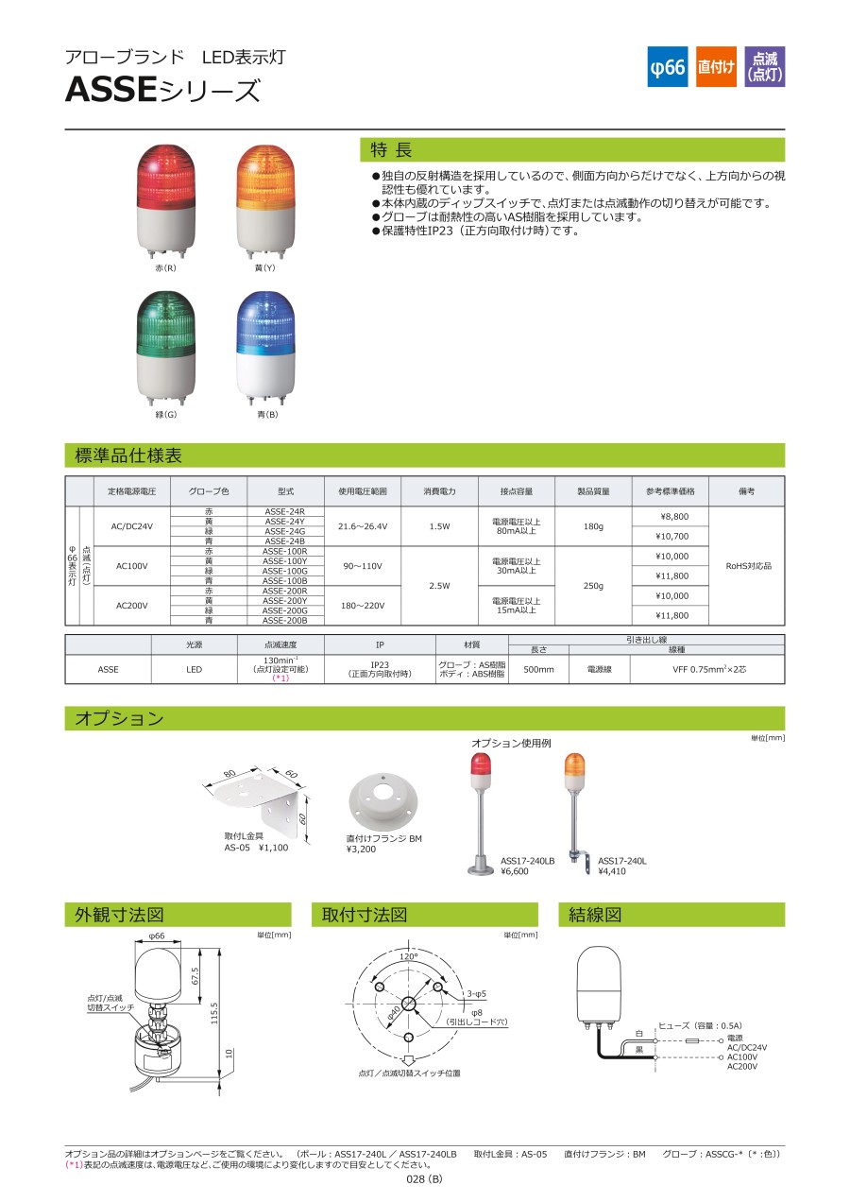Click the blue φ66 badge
[667, 66]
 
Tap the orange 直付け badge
[716, 66]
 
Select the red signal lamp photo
[165, 202]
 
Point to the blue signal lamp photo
[265, 349]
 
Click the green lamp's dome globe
[166, 322]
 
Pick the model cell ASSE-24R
[285, 511]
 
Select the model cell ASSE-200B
[285, 620]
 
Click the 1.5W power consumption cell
[439, 526]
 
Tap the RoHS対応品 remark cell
[748, 566]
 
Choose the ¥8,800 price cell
[671, 516]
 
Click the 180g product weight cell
[593, 526]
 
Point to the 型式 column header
[285, 491]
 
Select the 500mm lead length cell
[538, 669]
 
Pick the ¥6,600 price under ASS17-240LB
[515, 871]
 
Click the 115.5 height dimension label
[214, 1013]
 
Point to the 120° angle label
[408, 956]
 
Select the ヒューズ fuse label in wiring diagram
[674, 1025]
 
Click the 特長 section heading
[391, 149]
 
